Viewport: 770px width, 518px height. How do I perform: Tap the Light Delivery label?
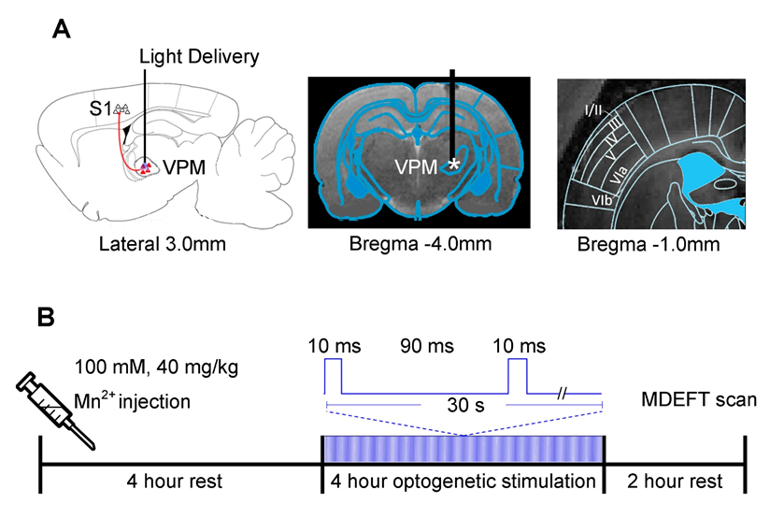198,58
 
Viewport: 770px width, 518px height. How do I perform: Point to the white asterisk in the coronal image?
454,165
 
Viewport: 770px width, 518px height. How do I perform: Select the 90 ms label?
425,347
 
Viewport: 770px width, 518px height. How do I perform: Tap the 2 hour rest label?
675,482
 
